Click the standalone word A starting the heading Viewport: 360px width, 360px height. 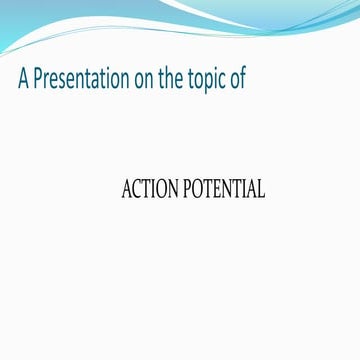23,80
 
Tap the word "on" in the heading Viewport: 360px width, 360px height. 144,80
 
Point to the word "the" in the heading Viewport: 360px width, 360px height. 174,80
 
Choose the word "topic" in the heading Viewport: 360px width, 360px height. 212,81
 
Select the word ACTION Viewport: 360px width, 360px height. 150,189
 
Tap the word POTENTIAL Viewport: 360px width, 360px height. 224,189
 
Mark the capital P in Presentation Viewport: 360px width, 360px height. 39,80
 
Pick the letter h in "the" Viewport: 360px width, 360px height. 174,79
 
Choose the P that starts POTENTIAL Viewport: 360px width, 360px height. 188,189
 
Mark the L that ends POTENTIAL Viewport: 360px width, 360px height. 260,189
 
